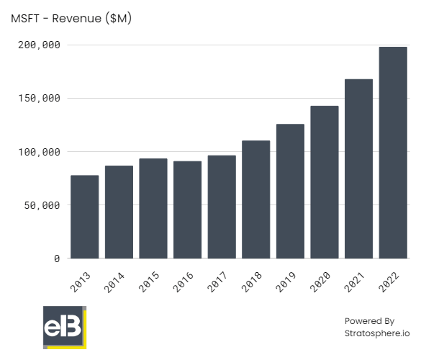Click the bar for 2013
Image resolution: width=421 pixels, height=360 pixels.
(84, 217)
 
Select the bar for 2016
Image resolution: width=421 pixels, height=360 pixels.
(187, 210)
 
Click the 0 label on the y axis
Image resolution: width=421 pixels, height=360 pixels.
(56, 258)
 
